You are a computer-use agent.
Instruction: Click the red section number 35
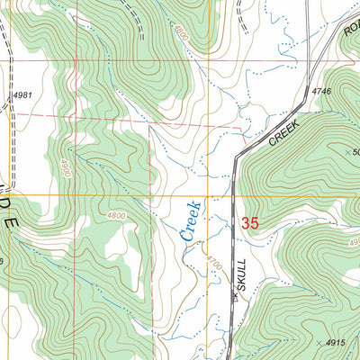pos(251,221)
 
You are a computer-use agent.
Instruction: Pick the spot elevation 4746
pos(322,91)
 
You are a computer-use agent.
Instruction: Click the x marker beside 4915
pos(319,343)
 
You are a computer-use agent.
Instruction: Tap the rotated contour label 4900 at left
pos(66,166)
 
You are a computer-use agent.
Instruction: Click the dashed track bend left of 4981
pos(9,99)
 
